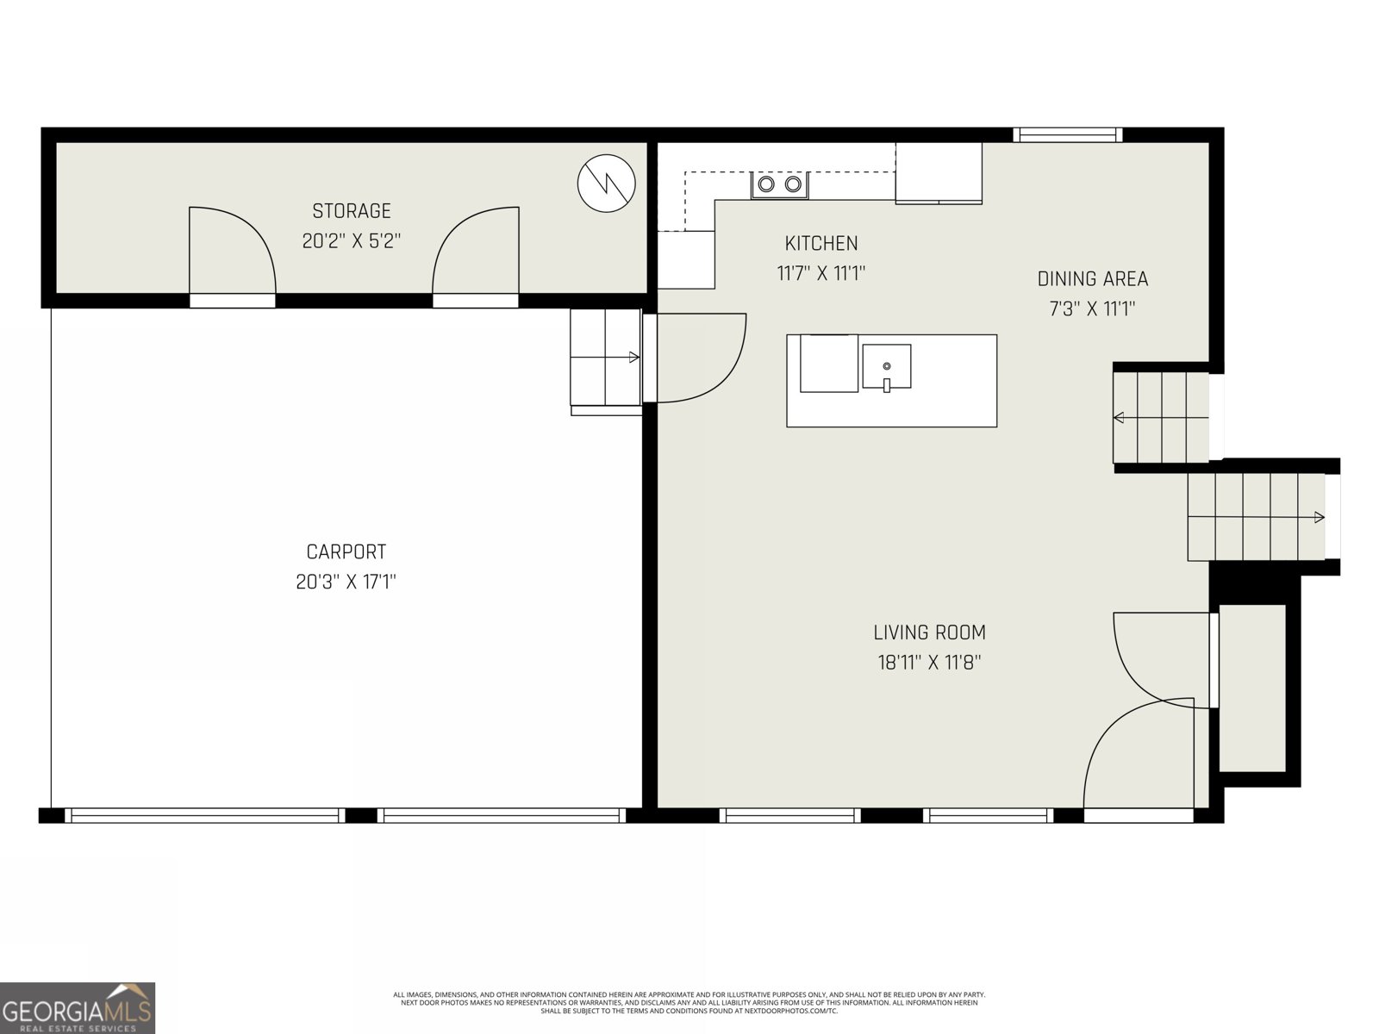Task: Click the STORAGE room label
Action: [x=351, y=211]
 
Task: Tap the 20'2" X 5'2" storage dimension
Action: [x=351, y=241]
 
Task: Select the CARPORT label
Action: [x=346, y=551]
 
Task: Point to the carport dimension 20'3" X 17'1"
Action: [x=346, y=582]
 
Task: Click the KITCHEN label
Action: [x=821, y=244]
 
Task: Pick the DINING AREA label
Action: [x=1092, y=279]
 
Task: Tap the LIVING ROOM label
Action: [x=929, y=632]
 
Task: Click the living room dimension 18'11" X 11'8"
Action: [x=929, y=663]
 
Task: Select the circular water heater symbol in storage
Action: [x=606, y=183]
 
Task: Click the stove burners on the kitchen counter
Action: [x=779, y=184]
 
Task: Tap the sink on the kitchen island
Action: [x=886, y=367]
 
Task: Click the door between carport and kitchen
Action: [x=694, y=358]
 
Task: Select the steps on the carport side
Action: [x=605, y=358]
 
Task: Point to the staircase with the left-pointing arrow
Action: [x=1161, y=418]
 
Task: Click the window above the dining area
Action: [x=1067, y=134]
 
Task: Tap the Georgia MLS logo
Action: [x=78, y=1007]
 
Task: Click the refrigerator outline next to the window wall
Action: [x=939, y=172]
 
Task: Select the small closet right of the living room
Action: [x=1251, y=688]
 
